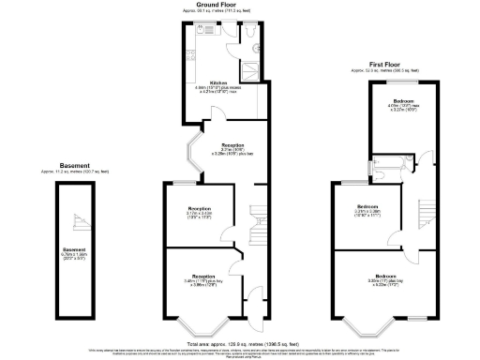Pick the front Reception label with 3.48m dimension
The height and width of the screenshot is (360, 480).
coord(202,277)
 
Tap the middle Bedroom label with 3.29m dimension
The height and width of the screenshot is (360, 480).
coord(367,206)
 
